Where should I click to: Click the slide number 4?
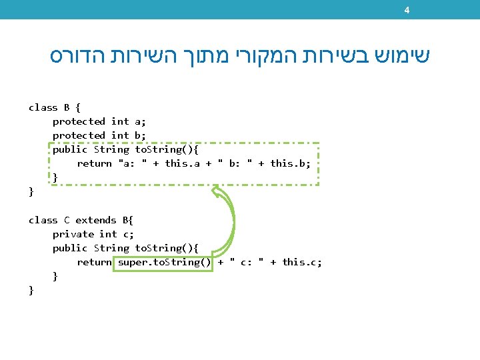coord(407,10)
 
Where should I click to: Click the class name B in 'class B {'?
coord(67,107)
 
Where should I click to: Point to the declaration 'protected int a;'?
coord(99,121)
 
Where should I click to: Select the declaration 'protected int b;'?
coord(99,135)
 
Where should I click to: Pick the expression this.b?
coord(291,163)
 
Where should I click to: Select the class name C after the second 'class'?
coord(67,220)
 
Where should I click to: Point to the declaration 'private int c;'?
coord(93,234)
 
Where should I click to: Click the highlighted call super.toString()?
coord(165,262)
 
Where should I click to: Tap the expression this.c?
coord(302,262)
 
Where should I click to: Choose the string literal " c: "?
coord(247,262)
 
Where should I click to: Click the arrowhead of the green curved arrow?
coord(216,192)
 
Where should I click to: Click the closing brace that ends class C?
coord(31,290)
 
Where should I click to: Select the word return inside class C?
coord(95,262)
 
